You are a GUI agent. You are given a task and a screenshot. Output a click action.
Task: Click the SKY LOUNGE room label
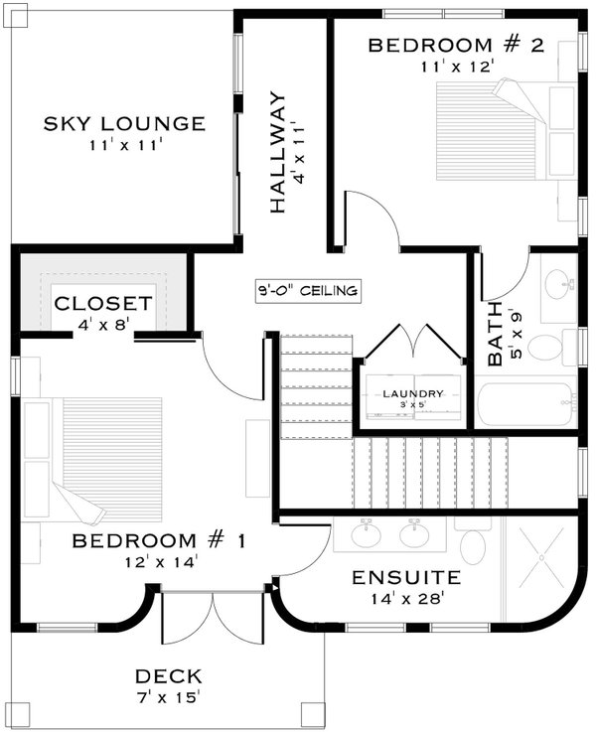[123, 124]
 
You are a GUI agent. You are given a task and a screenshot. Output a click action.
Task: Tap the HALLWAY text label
[279, 152]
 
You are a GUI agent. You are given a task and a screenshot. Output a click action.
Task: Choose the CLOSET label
[102, 303]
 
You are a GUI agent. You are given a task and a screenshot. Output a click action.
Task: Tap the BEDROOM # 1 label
[159, 541]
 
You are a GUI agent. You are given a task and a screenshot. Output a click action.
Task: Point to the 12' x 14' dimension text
[159, 562]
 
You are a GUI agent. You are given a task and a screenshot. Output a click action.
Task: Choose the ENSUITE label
[406, 577]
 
